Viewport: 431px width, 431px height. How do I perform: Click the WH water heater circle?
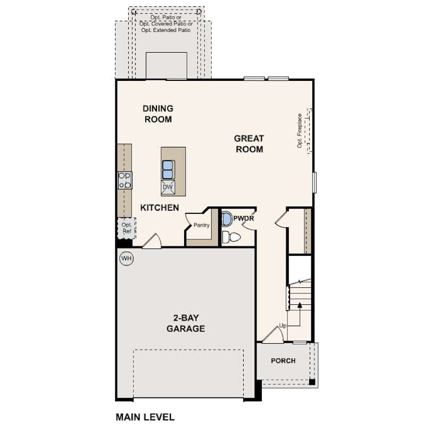point(127,259)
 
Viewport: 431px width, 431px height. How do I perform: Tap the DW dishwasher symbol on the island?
point(168,187)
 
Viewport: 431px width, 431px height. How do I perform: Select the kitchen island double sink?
point(168,170)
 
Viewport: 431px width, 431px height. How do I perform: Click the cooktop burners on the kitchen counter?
point(125,180)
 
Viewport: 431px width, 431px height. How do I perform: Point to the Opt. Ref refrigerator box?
point(127,228)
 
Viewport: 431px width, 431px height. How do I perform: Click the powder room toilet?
point(231,237)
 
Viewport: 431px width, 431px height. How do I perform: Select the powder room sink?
point(227,219)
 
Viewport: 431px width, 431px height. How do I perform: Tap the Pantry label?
point(202,225)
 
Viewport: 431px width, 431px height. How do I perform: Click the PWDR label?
point(244,219)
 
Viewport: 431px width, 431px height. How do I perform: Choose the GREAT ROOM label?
point(249,144)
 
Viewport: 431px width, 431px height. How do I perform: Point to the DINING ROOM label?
point(158,114)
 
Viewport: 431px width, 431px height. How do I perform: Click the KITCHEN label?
point(160,208)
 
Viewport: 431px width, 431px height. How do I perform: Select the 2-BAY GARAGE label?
point(186,324)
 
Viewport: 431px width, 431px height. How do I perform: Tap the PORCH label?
point(283,361)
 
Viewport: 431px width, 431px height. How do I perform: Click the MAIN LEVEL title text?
point(145,417)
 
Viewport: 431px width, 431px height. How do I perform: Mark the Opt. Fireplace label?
point(300,131)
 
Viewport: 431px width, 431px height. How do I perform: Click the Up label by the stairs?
point(283,326)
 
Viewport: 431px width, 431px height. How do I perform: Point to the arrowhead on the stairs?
point(300,305)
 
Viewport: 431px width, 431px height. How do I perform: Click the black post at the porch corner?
point(312,382)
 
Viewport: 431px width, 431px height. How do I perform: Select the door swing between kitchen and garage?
point(152,241)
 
